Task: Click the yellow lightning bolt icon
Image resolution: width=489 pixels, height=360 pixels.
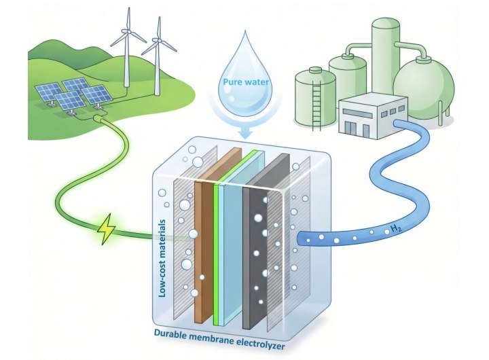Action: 108,230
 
